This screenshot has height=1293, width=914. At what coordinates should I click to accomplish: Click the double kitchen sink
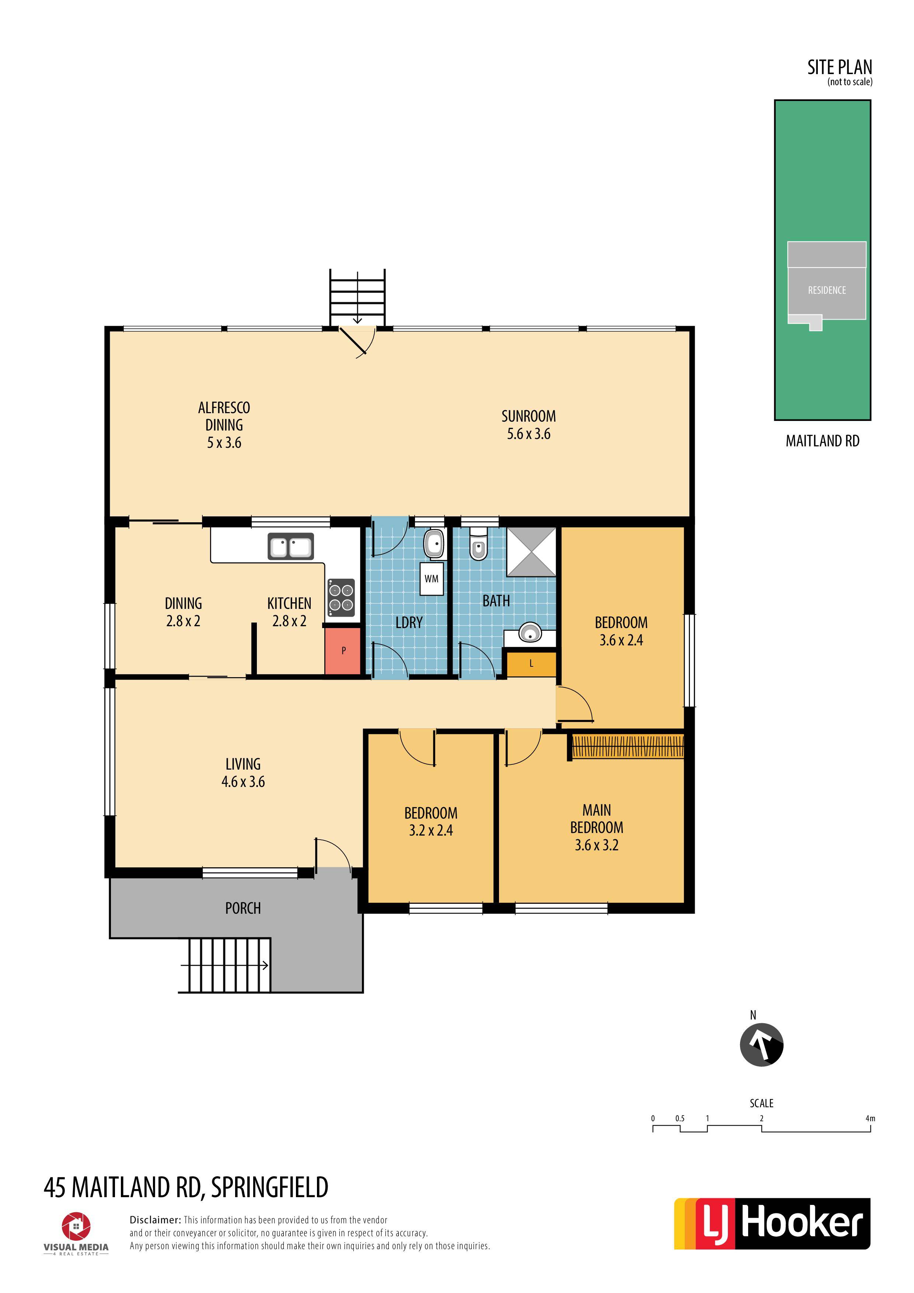coord(290,546)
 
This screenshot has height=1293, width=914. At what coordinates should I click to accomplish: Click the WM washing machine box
coord(431,579)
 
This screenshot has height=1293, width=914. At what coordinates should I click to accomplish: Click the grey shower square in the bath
coord(531,552)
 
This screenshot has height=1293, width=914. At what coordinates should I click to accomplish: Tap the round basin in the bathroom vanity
coord(529,633)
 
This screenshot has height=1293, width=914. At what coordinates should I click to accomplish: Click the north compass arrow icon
coord(761,1045)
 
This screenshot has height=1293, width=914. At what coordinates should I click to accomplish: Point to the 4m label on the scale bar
coord(870,1118)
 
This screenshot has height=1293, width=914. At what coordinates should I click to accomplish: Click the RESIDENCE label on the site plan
coord(827,290)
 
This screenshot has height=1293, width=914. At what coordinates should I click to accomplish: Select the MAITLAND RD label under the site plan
coord(823,441)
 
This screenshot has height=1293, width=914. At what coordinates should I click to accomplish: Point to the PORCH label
coord(243,908)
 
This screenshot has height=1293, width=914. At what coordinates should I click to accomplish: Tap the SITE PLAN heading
coord(840,67)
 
